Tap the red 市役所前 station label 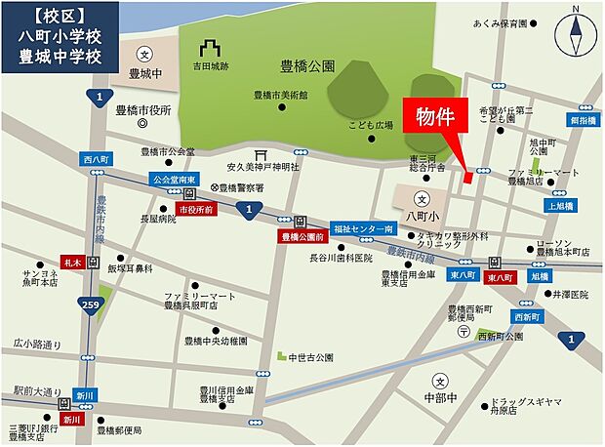(x=196, y=208)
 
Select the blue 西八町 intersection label (x=98, y=158)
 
